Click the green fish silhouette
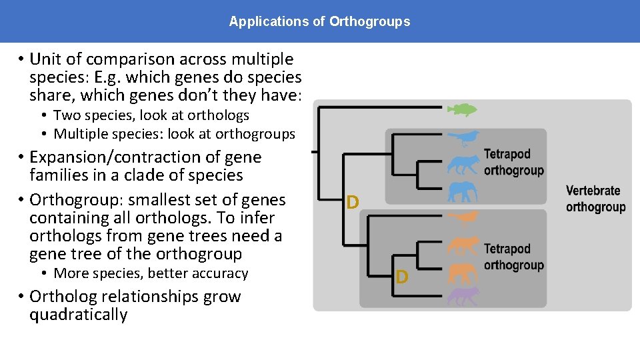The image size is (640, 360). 461,109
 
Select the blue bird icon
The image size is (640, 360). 463,139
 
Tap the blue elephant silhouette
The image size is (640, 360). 462,192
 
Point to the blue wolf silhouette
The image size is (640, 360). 462,165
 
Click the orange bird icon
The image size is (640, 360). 462,218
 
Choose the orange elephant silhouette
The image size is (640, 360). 462,273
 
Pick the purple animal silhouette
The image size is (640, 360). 462,296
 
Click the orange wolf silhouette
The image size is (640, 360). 462,246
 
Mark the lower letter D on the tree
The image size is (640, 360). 401,277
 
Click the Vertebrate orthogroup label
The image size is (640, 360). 595,199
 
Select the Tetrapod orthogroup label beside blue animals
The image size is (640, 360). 513,162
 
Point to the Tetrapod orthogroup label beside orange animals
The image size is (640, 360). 513,257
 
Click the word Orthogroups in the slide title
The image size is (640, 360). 370,21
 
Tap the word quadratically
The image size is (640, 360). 78,315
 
